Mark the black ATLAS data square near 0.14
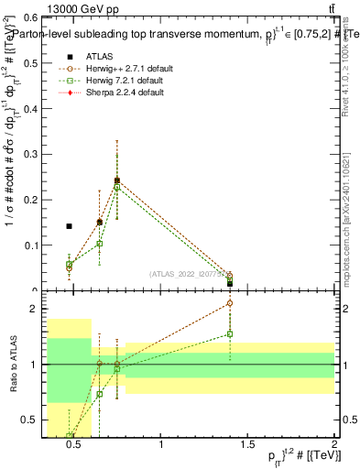pyautogui.click(x=69, y=226)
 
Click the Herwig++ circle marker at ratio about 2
pyautogui.click(x=230, y=303)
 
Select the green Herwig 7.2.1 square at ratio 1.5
pyautogui.click(x=230, y=334)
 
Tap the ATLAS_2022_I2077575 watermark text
pyautogui.click(x=189, y=273)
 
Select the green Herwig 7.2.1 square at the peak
pyautogui.click(x=117, y=188)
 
